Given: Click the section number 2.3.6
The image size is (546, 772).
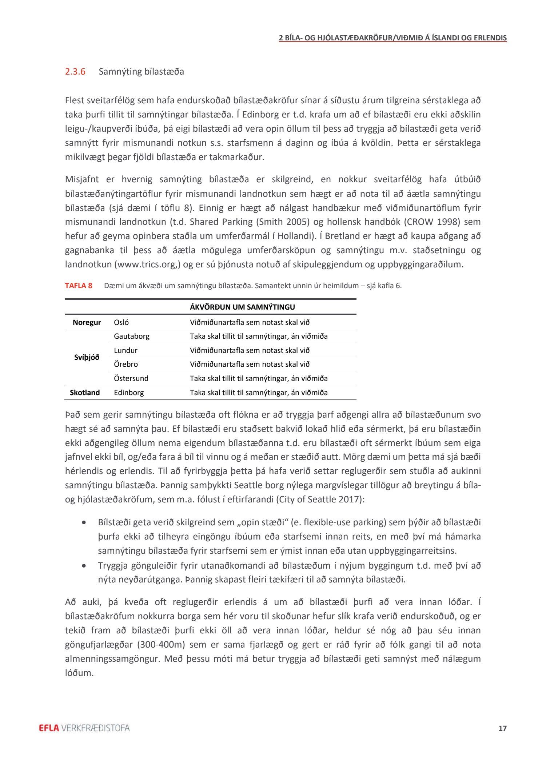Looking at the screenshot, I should (x=75, y=71).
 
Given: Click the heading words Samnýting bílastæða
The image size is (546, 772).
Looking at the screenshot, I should (x=141, y=71).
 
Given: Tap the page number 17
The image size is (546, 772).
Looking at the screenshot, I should (x=502, y=728).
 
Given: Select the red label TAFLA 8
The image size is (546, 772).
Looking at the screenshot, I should (x=79, y=286).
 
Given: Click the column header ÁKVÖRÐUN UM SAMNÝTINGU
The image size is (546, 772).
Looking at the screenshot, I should (x=242, y=307).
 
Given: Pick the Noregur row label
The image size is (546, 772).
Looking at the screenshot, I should (x=87, y=322).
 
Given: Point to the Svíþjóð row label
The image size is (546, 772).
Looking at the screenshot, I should (x=87, y=357).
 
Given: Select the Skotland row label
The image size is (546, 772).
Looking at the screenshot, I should (x=85, y=393).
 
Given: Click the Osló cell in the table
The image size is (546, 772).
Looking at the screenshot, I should (x=121, y=322).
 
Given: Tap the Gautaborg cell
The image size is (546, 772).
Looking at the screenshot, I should (x=132, y=336).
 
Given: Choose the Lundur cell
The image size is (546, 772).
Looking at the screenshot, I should (x=125, y=350).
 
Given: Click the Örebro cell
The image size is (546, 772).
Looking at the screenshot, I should (x=126, y=364).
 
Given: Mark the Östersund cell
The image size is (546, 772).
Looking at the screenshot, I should (x=131, y=378).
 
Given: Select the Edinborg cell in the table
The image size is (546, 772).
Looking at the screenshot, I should (x=129, y=393).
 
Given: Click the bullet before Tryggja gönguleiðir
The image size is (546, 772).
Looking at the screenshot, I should (x=84, y=566).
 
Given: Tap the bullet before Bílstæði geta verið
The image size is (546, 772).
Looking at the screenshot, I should (x=84, y=522).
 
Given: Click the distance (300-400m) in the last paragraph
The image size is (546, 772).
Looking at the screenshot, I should (x=161, y=645).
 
